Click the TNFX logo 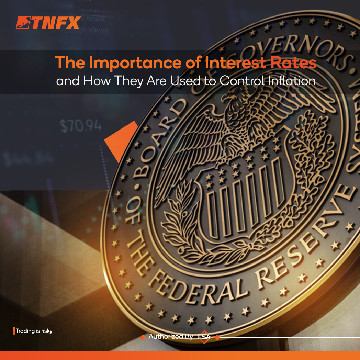click(48, 23)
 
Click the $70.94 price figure click(81, 126)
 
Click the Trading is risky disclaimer click(34, 331)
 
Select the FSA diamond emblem click(204, 337)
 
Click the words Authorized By click(170, 337)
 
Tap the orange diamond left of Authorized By click(143, 337)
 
